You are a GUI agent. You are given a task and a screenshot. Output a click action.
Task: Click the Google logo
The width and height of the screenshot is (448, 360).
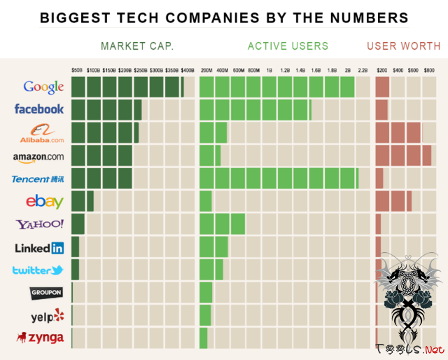coord(43,87)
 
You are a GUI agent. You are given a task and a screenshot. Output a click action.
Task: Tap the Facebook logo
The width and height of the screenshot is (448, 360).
coord(39,109)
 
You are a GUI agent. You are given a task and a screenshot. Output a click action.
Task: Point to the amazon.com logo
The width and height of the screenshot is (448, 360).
coord(38,156)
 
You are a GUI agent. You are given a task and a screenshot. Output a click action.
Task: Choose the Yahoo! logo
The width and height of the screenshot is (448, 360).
coord(40,224)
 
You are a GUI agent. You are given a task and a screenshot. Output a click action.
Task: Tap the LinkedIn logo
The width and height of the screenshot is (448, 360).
coord(39,247)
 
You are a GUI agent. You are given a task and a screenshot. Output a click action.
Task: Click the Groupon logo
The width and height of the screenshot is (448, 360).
coord(46,292)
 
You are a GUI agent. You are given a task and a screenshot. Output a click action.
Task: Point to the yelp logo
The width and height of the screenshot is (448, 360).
coord(48,316)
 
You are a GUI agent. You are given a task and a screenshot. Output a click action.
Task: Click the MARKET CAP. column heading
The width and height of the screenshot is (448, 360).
coord(137,46)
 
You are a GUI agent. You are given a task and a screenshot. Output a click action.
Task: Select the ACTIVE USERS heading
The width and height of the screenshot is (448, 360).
coord(288,46)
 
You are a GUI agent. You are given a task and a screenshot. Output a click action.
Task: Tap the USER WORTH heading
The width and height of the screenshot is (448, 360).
coord(403,46)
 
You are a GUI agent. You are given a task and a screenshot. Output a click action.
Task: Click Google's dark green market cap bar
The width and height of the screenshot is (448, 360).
coord(127,87)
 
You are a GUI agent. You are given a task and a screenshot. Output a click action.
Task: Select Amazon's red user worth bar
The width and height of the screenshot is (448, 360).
coord(402,155)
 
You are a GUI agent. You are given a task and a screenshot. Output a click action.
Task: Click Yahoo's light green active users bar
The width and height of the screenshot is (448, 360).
coord(222,223)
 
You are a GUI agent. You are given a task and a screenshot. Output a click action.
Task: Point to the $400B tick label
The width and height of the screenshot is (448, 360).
coord(187,70)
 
